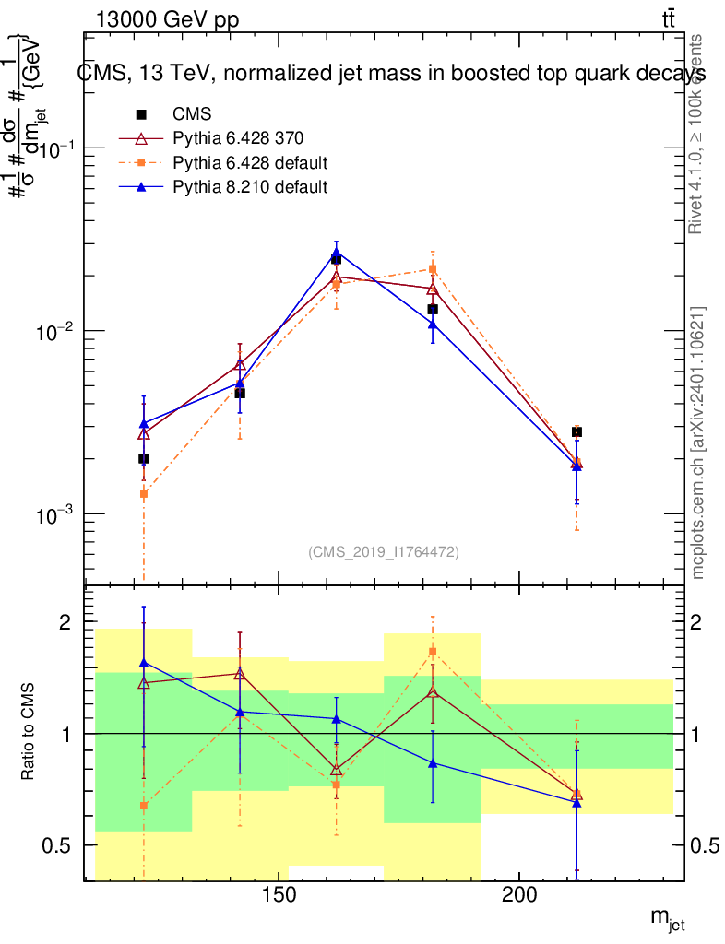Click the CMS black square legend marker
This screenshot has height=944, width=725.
[x=142, y=115]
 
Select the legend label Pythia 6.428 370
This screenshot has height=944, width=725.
[x=238, y=139]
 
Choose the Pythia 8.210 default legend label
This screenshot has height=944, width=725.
[x=250, y=187]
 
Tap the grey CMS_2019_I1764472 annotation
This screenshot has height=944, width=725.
[x=383, y=551]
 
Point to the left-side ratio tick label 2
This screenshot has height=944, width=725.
[x=65, y=622]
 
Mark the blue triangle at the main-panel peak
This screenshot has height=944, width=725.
[x=336, y=252]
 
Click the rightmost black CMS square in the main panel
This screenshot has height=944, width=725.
[x=576, y=431]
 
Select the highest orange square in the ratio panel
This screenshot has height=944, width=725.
[x=433, y=652]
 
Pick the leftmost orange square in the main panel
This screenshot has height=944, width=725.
[x=143, y=494]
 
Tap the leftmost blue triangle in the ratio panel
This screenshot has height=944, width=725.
[x=143, y=662]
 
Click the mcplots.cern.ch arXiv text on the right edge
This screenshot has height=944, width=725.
[x=698, y=442]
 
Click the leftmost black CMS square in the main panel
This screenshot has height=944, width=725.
[x=143, y=458]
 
